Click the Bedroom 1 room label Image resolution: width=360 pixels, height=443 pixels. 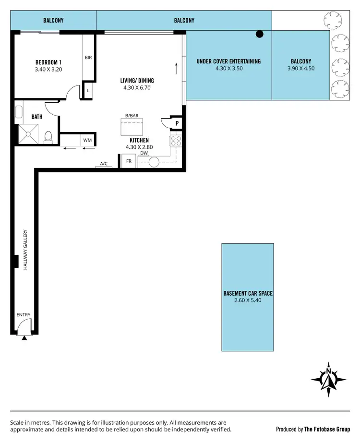click(x=48, y=62)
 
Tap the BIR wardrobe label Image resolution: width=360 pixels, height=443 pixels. click(x=88, y=58)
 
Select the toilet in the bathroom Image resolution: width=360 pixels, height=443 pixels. click(x=48, y=137)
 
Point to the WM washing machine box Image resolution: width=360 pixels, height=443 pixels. click(x=87, y=140)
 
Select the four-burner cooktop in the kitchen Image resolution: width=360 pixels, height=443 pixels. click(x=175, y=141)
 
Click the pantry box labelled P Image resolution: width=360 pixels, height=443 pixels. click(x=177, y=123)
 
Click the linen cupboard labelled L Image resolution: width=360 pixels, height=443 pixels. click(x=88, y=90)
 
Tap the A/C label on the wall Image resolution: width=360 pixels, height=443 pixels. click(x=104, y=164)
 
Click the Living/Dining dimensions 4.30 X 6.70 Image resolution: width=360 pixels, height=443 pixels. click(x=137, y=88)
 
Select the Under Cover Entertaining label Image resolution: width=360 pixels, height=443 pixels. click(x=228, y=61)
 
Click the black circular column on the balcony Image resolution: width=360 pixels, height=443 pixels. click(x=260, y=34)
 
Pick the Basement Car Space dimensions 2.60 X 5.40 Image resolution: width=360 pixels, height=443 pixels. click(x=248, y=300)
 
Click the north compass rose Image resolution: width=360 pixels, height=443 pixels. click(x=328, y=378)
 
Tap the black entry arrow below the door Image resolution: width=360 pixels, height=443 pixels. click(x=24, y=338)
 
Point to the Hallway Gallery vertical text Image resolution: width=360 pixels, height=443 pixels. click(x=25, y=250)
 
